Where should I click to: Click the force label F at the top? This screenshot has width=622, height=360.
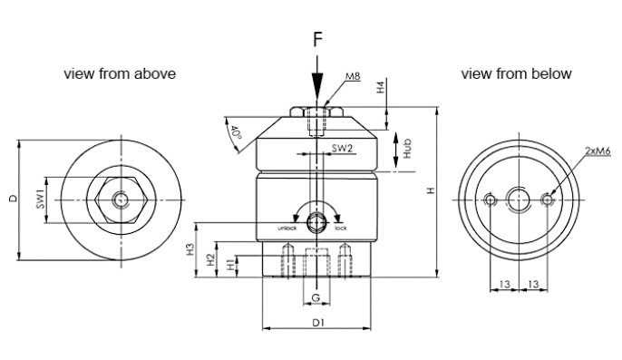(317, 39)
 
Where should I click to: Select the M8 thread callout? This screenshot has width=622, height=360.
(353, 76)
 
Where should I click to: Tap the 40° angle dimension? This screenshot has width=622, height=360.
(236, 132)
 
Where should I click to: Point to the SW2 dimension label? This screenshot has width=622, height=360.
(342, 148)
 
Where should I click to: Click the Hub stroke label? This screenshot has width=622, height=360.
(406, 149)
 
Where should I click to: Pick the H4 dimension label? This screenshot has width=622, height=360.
(381, 87)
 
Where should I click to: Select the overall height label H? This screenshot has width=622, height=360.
(432, 190)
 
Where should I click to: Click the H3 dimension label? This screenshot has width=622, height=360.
(190, 248)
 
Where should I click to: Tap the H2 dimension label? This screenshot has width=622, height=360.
(211, 259)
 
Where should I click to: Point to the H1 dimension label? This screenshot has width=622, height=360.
(231, 265)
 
